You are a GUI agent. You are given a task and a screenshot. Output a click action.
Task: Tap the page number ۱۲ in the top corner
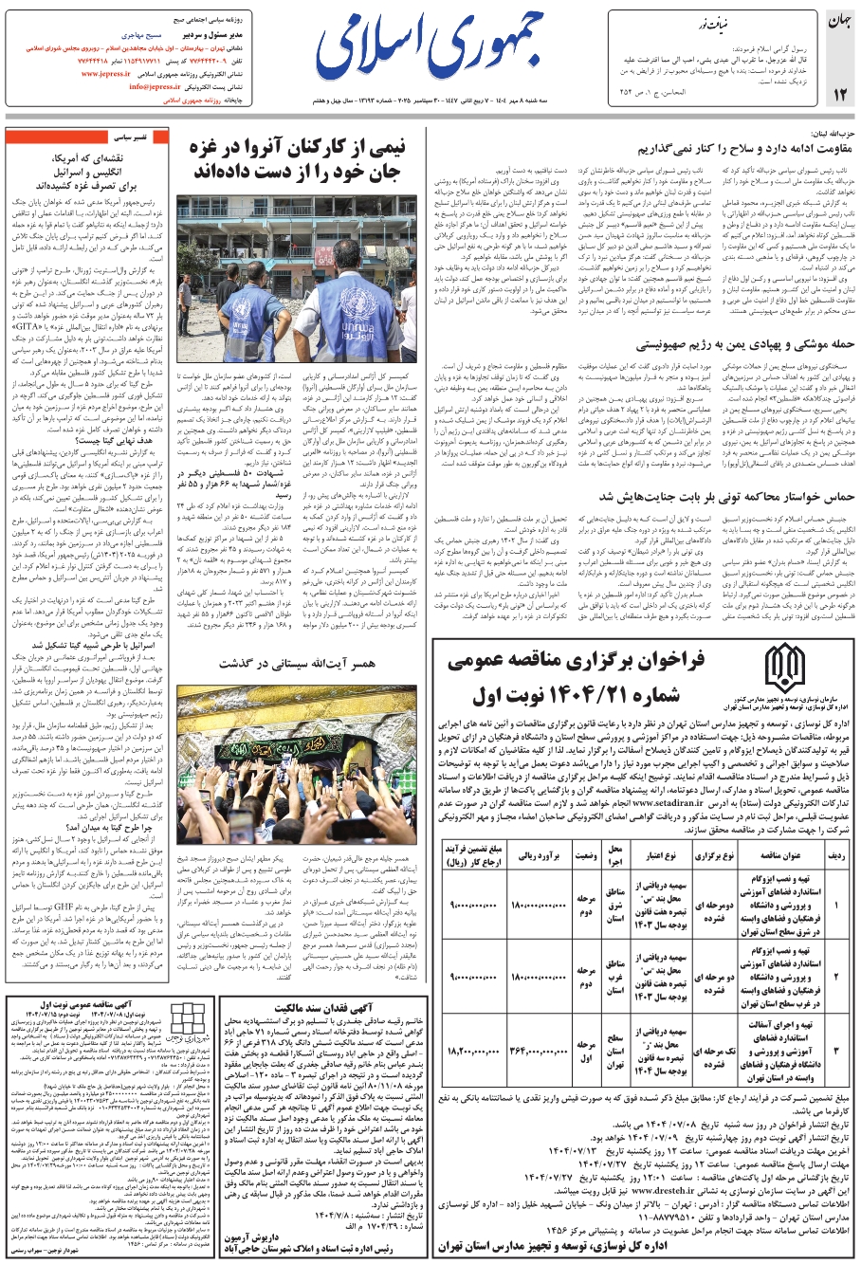pos(839,94)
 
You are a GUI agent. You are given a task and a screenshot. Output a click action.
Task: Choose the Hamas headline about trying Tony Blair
pos(727,496)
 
